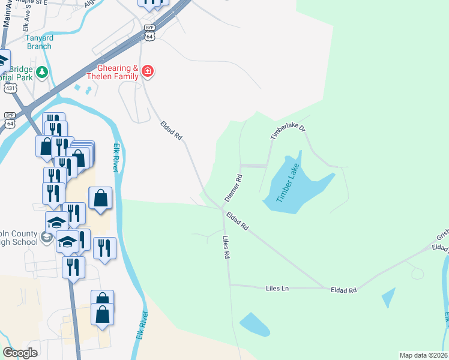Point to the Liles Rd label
[x=226, y=247]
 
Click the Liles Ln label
[x=277, y=289]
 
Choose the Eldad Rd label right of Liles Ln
[x=344, y=290]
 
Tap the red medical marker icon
[x=148, y=73]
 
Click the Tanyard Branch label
[x=38, y=42]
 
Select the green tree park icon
[x=41, y=73]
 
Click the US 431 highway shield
[x=10, y=88]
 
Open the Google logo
[x=20, y=353]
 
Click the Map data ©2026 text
[x=423, y=355]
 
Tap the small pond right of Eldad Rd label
[x=389, y=297]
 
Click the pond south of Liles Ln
[x=255, y=325]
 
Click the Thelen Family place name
[x=118, y=77]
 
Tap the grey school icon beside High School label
[x=46, y=238]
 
